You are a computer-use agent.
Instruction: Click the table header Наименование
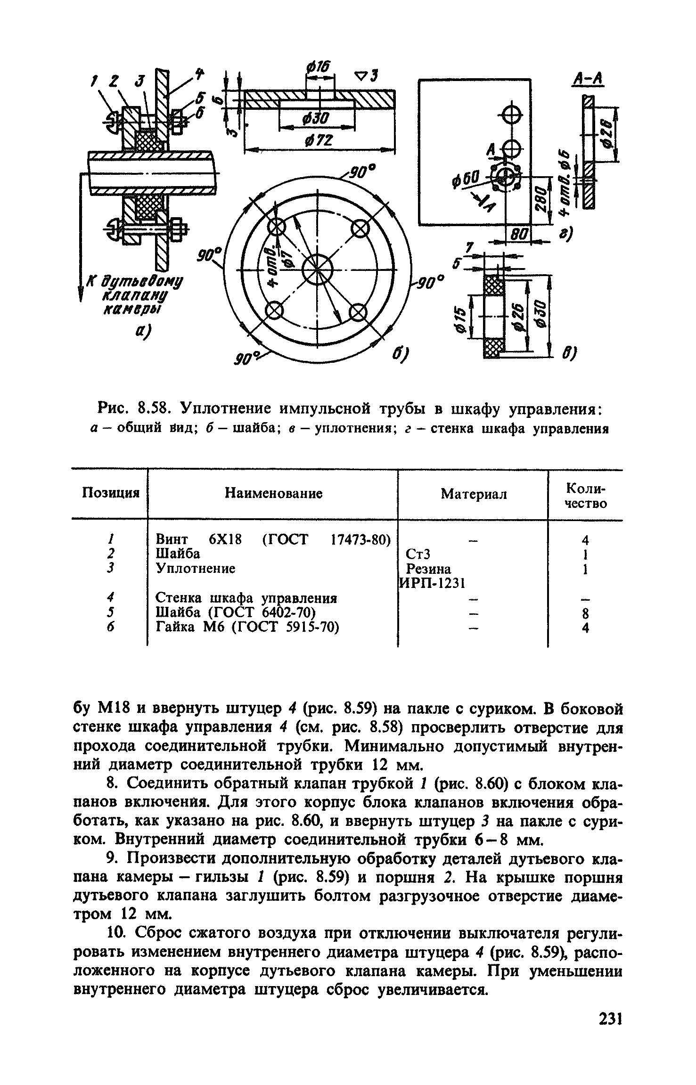click(273, 493)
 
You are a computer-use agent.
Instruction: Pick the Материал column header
click(474, 494)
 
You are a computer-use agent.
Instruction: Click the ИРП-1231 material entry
click(433, 583)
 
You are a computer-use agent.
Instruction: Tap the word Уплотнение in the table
click(195, 569)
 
